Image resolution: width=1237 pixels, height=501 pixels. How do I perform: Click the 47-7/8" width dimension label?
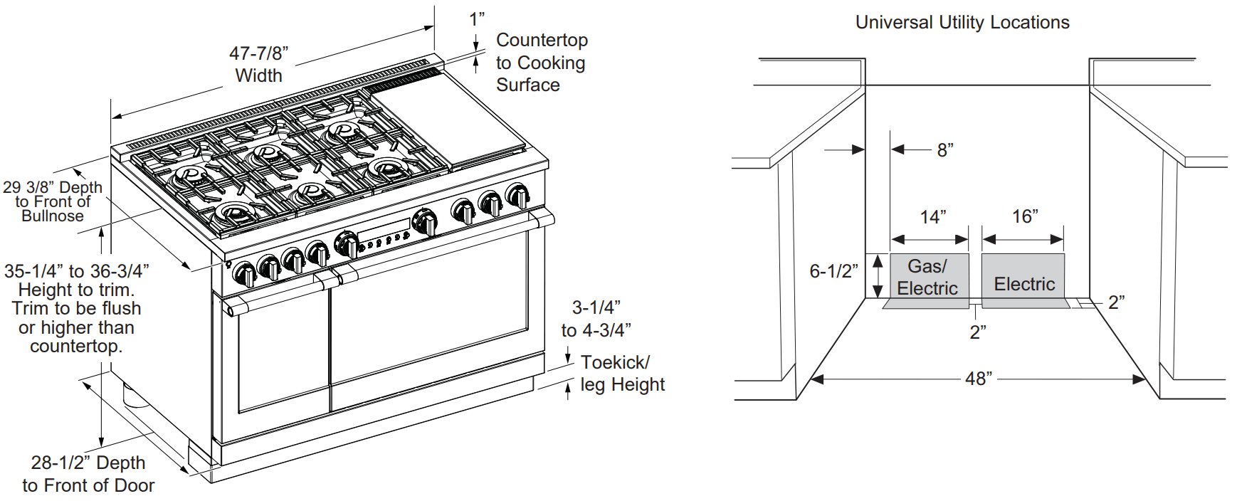tap(258, 53)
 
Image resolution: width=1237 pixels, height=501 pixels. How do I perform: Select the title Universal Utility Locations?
tap(962, 23)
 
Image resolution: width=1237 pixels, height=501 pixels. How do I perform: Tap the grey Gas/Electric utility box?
tap(929, 278)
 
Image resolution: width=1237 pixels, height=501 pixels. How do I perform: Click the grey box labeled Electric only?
tap(1023, 279)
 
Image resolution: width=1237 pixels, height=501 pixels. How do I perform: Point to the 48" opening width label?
tap(979, 379)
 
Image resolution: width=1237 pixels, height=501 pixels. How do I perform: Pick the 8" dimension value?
tap(944, 150)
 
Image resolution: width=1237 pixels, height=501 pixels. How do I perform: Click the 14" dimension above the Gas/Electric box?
tap(932, 216)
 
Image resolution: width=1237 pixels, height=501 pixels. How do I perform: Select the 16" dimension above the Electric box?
tap(1025, 216)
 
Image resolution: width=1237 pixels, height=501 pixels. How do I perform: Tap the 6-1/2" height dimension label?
tap(833, 271)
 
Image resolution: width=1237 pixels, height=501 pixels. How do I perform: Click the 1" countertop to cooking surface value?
tap(477, 19)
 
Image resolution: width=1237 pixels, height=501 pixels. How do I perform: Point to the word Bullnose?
tap(53, 216)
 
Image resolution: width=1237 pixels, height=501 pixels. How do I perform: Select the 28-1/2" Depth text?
tap(88, 463)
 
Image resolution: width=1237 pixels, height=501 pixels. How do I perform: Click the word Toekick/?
tap(615, 362)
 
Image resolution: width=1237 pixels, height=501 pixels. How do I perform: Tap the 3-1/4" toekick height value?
tap(596, 307)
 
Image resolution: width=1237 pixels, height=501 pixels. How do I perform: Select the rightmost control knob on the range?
tap(517, 195)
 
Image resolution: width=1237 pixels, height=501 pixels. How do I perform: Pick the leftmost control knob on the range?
tap(244, 273)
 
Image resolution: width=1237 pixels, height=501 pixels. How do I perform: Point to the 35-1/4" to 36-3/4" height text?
tap(76, 271)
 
